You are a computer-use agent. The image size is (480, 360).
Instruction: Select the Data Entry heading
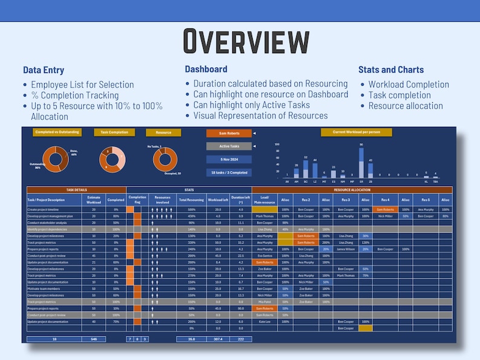point(44,70)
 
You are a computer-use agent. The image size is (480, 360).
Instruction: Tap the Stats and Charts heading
point(391,70)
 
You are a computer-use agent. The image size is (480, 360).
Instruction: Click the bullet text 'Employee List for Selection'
point(82,85)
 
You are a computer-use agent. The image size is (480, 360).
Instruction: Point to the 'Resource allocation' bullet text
point(406,106)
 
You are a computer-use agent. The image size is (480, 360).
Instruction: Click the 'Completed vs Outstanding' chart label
point(57,132)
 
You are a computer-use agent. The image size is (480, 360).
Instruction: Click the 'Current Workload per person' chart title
point(356,132)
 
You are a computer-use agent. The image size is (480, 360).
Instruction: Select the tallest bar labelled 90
point(361,161)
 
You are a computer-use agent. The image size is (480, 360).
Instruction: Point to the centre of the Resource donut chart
point(164,159)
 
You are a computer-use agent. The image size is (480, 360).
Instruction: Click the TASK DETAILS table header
point(76,190)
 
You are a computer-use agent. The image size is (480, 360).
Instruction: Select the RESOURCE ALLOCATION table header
point(352,190)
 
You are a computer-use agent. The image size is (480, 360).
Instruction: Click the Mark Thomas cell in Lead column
point(264,216)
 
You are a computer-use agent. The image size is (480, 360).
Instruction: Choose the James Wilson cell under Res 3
point(346,249)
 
